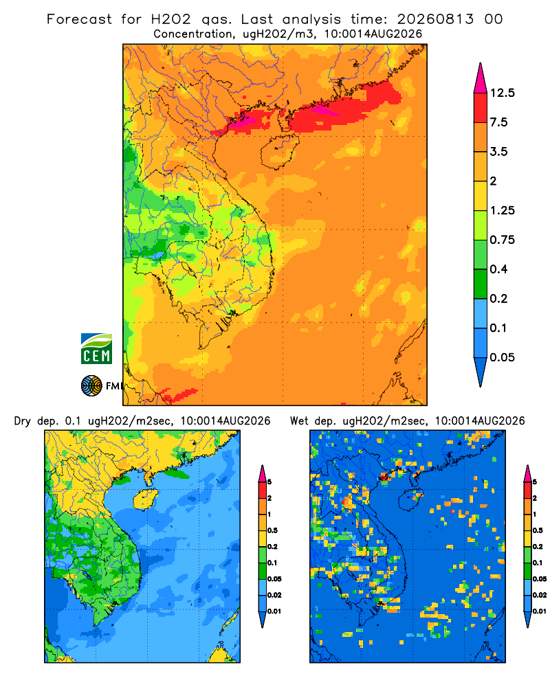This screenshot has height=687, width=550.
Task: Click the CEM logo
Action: tap(96, 348)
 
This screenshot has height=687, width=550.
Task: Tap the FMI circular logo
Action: tap(91, 385)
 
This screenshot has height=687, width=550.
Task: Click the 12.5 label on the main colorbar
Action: tap(502, 93)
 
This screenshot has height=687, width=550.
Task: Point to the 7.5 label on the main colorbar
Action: tap(498, 122)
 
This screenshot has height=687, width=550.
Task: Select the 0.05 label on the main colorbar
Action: tap(502, 357)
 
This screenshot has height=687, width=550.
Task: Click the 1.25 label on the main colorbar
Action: tap(502, 210)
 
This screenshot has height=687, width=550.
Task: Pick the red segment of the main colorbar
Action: tap(481, 108)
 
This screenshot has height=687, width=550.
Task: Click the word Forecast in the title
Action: tap(79, 19)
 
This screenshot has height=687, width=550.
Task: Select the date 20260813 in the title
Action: tap(435, 19)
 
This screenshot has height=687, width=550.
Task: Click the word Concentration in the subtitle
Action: tap(193, 34)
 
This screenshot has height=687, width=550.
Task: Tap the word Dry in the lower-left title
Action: tap(23, 421)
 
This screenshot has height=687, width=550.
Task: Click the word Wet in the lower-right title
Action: tap(300, 421)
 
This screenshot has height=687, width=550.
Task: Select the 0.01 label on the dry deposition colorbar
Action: tap(274, 611)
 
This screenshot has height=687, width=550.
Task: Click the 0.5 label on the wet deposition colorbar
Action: tap(537, 530)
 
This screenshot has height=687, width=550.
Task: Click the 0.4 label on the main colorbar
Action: tap(498, 269)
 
